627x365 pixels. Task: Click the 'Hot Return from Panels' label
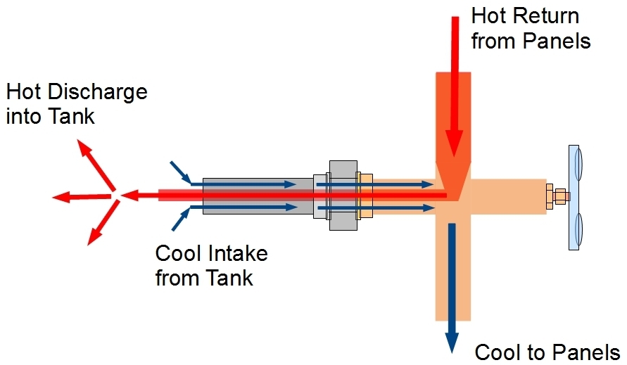coord(530,28)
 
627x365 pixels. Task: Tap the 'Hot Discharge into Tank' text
coord(76,103)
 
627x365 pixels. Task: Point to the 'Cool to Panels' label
coord(547,352)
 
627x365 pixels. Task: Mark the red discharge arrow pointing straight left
coord(81,196)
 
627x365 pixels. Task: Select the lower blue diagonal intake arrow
coord(181,220)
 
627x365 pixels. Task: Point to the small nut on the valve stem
coord(561,196)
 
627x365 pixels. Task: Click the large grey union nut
coord(343,195)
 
